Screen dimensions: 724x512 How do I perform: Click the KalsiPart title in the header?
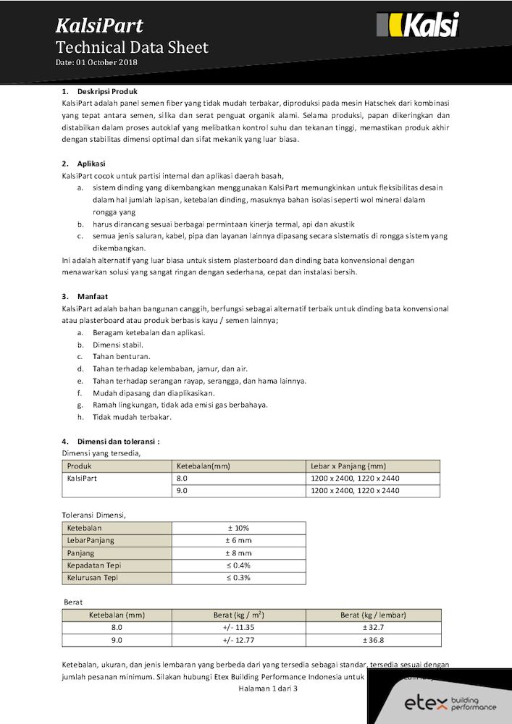(x=99, y=27)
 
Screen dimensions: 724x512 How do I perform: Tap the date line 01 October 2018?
(x=96, y=63)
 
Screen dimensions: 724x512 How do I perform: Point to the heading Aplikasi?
(x=91, y=164)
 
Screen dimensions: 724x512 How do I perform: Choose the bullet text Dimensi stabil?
(x=118, y=345)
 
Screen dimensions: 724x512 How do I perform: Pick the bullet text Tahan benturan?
(x=122, y=357)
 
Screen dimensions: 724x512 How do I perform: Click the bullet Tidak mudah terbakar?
(x=132, y=417)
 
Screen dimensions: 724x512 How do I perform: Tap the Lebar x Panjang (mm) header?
(x=348, y=466)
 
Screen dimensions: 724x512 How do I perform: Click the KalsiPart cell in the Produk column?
(x=82, y=479)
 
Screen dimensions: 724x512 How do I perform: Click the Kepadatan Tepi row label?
(x=93, y=565)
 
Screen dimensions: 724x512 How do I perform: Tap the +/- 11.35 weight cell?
(x=238, y=628)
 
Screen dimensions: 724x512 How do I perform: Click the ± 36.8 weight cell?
(x=373, y=640)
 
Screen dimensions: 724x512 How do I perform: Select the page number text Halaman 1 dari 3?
(x=268, y=688)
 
